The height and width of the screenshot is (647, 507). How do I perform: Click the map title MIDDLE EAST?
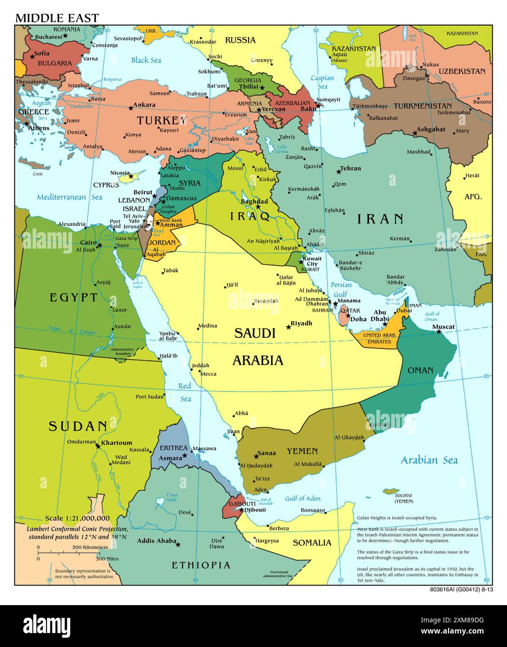coord(57,18)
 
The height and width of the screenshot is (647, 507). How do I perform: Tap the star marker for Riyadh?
coord(288,327)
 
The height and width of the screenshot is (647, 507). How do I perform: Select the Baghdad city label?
coord(254,202)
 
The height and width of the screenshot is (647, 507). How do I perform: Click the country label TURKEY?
coord(161,121)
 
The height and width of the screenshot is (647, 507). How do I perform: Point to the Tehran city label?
coord(350,168)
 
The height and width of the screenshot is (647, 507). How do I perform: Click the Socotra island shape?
coord(390,491)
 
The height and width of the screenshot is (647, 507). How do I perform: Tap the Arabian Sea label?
coord(429,460)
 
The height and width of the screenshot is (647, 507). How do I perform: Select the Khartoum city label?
coord(117,443)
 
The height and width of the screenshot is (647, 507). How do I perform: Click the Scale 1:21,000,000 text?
coord(77,518)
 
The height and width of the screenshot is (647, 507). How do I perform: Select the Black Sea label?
coord(146,60)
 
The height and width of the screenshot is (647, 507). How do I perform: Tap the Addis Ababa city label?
coord(157,541)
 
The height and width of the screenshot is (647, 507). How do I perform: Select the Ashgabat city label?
coord(431,129)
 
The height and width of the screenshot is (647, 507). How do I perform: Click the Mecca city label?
coord(208,373)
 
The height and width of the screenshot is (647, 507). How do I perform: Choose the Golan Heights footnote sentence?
coord(397,518)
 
